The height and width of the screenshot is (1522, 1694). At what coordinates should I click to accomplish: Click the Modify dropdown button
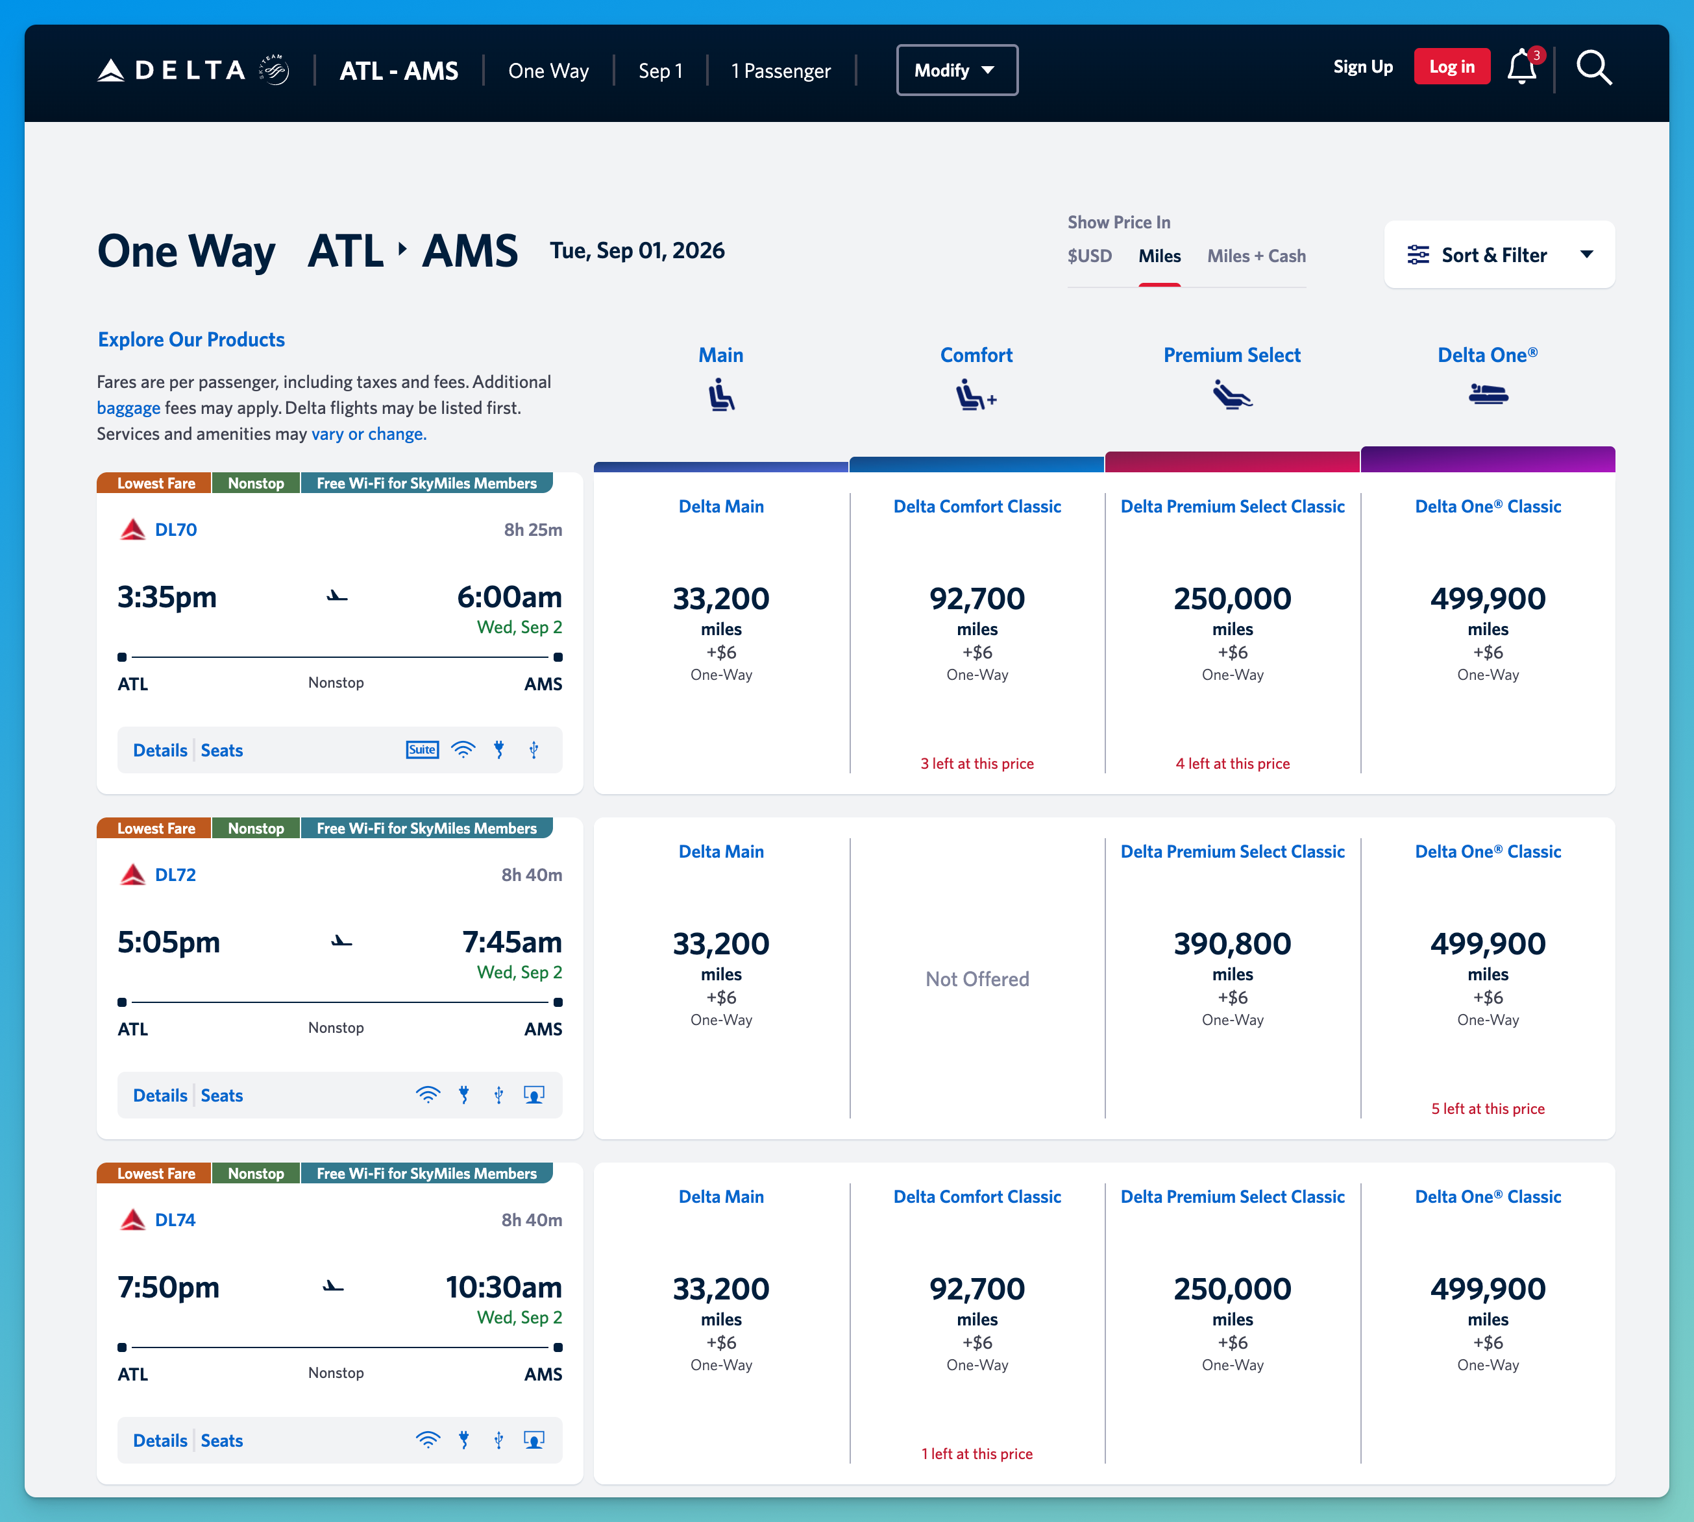[957, 70]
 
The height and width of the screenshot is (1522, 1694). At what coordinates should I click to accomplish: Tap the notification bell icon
[1521, 67]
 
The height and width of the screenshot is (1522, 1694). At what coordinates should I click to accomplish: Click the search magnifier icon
[1593, 67]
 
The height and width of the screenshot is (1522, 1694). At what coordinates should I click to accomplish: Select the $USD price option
[1089, 256]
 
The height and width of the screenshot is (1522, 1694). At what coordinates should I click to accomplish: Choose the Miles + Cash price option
[1256, 256]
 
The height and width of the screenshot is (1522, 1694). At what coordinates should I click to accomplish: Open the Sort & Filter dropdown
[1499, 255]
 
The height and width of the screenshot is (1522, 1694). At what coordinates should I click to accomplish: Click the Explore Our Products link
[191, 339]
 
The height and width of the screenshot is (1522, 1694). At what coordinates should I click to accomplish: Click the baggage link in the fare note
[129, 408]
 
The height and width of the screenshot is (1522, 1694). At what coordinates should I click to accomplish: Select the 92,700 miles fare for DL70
[977, 599]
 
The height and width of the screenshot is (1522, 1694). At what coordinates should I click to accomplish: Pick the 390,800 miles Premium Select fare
[1233, 944]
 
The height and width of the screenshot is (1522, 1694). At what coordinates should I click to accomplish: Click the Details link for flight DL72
[160, 1096]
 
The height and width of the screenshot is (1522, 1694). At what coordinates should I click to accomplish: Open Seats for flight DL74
[222, 1441]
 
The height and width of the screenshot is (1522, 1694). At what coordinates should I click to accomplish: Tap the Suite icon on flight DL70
[423, 750]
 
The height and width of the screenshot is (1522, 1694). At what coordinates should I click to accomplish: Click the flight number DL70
[176, 530]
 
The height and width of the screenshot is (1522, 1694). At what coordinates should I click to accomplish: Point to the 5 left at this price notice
[1488, 1109]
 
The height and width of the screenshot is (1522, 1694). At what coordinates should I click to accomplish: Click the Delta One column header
[1488, 356]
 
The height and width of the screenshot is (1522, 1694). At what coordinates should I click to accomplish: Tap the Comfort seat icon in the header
[976, 394]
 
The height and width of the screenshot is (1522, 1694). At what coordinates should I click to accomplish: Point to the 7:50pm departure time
[168, 1288]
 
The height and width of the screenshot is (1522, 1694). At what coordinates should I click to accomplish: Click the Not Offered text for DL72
[977, 979]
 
